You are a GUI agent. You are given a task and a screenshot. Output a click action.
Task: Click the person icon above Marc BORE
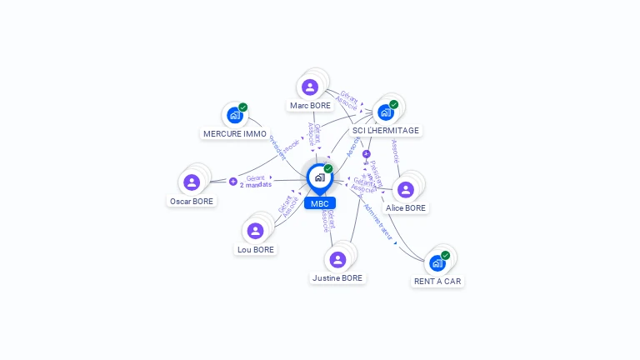click(x=310, y=87)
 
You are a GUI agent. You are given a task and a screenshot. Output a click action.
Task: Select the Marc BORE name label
click(x=310, y=106)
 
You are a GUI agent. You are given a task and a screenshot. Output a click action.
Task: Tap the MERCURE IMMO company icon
click(x=234, y=115)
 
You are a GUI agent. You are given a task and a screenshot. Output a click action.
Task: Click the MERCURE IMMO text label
click(x=235, y=133)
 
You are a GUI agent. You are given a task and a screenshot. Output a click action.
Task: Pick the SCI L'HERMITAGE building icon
click(x=385, y=112)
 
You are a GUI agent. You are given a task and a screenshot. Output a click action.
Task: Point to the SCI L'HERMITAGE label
click(x=386, y=130)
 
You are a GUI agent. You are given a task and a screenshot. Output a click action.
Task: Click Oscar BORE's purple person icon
click(x=192, y=182)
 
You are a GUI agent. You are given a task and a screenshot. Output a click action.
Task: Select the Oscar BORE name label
click(x=192, y=201)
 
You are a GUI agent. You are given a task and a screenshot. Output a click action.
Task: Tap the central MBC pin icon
click(x=319, y=177)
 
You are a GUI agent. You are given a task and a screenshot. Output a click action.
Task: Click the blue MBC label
click(x=319, y=203)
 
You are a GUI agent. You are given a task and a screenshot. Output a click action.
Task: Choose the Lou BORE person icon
click(x=256, y=231)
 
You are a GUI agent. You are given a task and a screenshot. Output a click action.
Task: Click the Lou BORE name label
click(x=256, y=249)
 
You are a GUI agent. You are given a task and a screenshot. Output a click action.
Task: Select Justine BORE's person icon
click(x=337, y=259)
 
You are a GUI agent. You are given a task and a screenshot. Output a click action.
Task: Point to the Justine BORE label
click(x=337, y=277)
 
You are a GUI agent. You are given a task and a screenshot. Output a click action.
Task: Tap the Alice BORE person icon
click(x=406, y=189)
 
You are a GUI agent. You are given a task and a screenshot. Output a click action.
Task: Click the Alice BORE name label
click(x=406, y=207)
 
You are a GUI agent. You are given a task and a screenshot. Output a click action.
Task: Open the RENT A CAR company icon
click(x=437, y=263)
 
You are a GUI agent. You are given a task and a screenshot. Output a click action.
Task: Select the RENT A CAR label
click(x=437, y=281)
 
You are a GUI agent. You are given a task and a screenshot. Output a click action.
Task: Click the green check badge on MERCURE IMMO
click(x=243, y=107)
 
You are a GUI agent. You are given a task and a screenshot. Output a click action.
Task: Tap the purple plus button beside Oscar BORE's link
click(x=232, y=181)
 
